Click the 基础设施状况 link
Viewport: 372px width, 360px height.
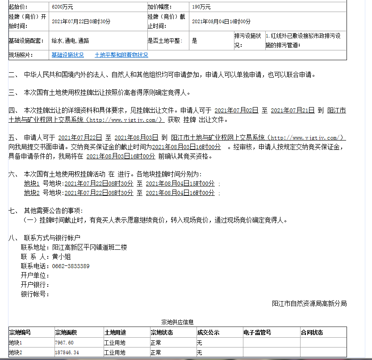tap(67, 55)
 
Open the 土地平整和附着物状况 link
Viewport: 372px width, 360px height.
tap(121, 55)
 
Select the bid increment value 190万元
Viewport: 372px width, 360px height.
tap(201, 7)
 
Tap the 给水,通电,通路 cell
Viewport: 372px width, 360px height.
tap(70, 41)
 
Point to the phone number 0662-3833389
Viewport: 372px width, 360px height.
tap(71, 266)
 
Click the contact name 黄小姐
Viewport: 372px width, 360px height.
tap(62, 257)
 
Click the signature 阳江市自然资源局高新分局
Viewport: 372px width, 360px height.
tap(309, 304)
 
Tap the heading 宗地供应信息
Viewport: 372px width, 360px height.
tap(177, 322)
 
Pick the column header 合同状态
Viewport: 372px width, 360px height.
tap(312, 332)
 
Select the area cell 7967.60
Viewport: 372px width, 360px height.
tap(64, 343)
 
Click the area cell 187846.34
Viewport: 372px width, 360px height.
tap(67, 353)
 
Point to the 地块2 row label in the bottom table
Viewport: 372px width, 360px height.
tap(15, 353)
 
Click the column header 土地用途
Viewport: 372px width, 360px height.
tap(115, 332)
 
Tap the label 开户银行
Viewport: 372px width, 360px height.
tap(35, 285)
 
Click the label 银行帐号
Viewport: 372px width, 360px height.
tap(35, 294)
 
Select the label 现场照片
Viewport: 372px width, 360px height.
tap(21, 55)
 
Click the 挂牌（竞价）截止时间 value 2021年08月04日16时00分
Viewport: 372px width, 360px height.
tap(221, 21)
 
